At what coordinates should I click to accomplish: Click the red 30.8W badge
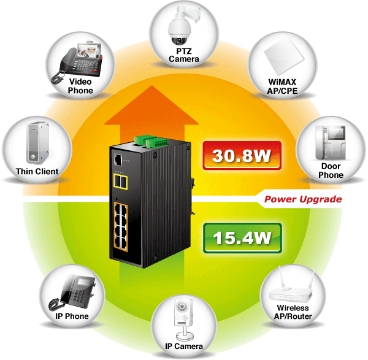click(242, 155)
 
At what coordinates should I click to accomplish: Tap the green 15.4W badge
click(242, 238)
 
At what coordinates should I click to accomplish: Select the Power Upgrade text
click(303, 199)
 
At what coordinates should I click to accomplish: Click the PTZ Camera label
click(184, 55)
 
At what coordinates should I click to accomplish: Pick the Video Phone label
click(80, 86)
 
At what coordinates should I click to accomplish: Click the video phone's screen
click(90, 52)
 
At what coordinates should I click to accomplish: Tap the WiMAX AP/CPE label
click(282, 86)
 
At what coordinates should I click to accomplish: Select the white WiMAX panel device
click(284, 56)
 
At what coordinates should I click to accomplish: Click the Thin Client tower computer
click(37, 142)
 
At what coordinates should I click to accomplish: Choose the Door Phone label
click(331, 170)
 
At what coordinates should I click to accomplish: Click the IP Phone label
click(72, 316)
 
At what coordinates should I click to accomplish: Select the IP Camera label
click(184, 346)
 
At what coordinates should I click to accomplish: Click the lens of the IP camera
click(182, 306)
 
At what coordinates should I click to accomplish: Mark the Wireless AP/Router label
click(293, 312)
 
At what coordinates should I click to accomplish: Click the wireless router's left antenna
click(282, 277)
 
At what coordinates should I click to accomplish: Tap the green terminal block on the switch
click(151, 142)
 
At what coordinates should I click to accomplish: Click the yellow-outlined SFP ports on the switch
click(120, 182)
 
